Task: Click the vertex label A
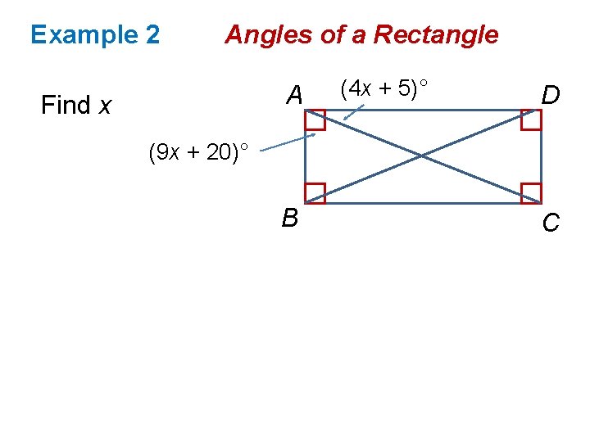(x=295, y=97)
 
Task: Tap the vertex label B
(x=289, y=219)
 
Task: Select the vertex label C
(x=551, y=222)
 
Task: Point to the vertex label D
(x=551, y=97)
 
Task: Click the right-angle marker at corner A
(x=315, y=120)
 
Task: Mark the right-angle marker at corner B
(x=315, y=193)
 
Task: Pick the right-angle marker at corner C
(x=531, y=193)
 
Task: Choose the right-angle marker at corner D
(x=531, y=120)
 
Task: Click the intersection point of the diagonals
(x=423, y=156)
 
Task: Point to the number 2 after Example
(x=152, y=35)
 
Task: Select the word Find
(x=66, y=106)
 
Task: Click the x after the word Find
(x=106, y=106)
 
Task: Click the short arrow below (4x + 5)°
(x=354, y=111)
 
